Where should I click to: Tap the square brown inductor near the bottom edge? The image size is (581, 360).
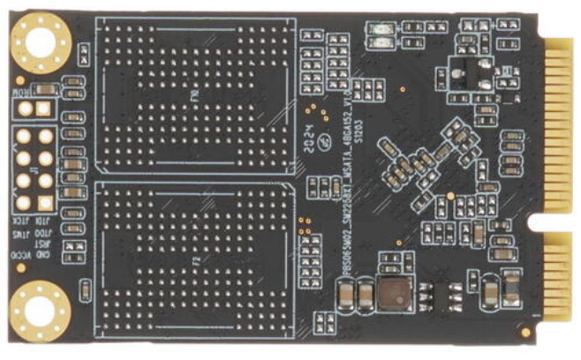click(391, 293)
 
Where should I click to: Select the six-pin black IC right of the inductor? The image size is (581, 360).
click(453, 295)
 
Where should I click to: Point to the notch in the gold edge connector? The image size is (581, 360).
click(549, 231)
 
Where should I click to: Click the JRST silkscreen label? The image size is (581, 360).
click(19, 227)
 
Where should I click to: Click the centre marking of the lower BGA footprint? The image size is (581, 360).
click(192, 260)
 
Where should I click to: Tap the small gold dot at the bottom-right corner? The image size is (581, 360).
click(525, 331)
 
